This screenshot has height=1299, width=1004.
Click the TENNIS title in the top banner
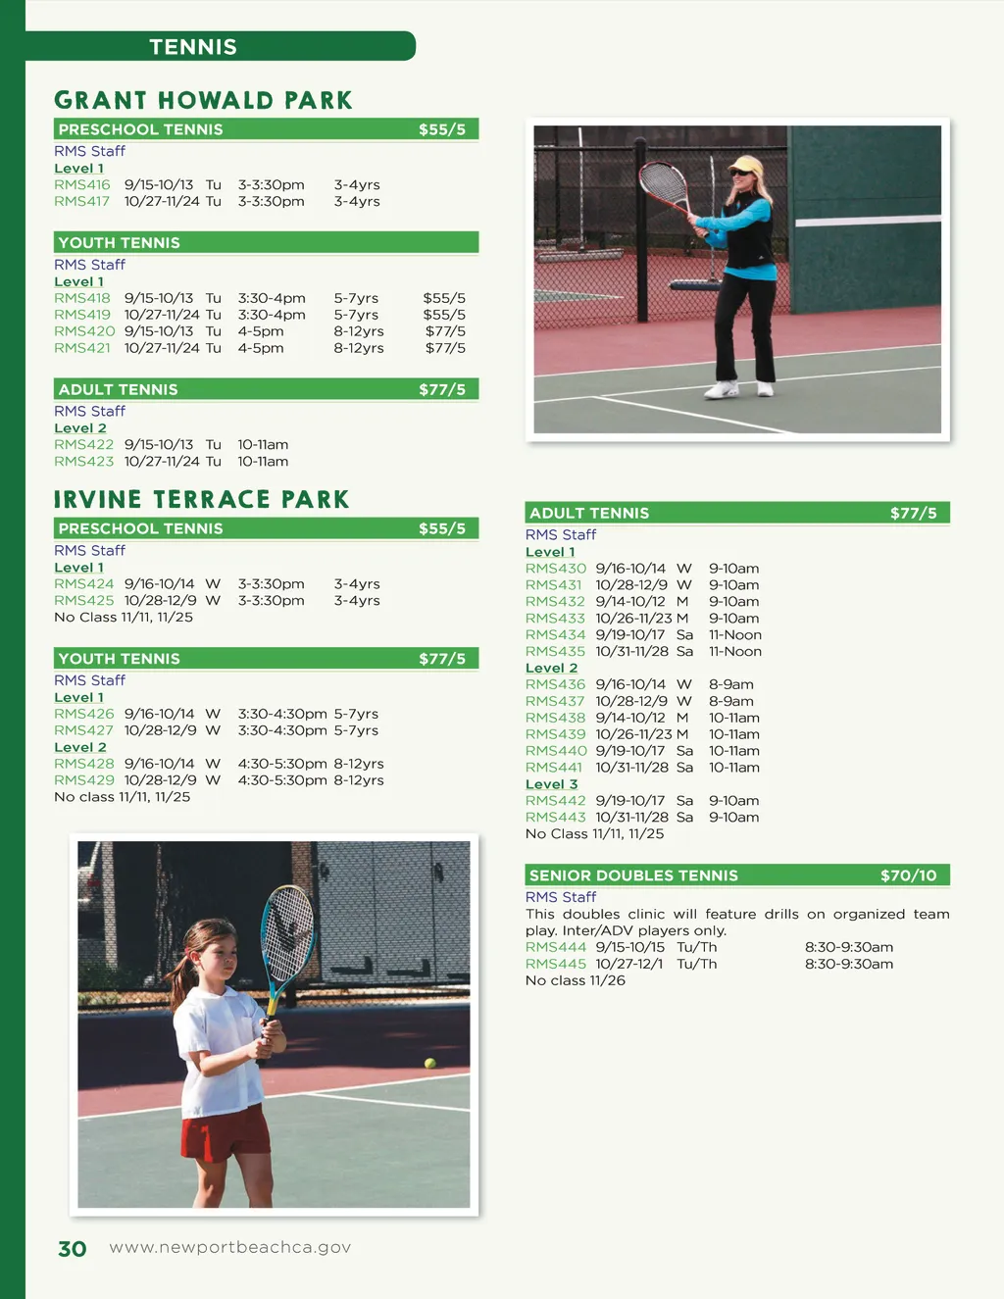click(193, 47)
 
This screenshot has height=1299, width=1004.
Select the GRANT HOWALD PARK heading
click(203, 100)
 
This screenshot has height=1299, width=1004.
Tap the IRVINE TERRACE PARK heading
click(201, 499)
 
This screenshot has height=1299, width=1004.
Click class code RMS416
click(82, 184)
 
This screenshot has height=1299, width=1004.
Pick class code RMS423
click(83, 461)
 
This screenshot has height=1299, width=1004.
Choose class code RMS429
click(83, 779)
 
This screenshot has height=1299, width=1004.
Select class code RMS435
click(555, 651)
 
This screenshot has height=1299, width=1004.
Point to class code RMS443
click(555, 817)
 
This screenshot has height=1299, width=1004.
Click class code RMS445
click(555, 964)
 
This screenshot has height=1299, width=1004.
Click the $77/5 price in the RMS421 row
click(445, 347)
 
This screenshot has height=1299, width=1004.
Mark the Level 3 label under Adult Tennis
click(551, 784)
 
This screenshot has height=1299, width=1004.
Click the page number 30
click(73, 1248)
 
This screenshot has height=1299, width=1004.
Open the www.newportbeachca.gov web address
click(229, 1247)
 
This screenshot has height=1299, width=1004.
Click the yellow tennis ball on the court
click(429, 1063)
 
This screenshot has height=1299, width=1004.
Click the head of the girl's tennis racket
click(288, 932)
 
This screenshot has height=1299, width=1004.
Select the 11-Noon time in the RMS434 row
click(734, 634)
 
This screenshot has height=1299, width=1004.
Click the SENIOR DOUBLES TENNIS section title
click(633, 875)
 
